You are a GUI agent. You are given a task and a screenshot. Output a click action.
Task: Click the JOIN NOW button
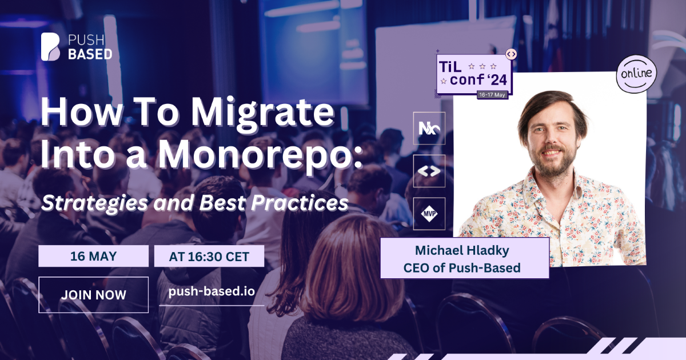pyautogui.click(x=93, y=295)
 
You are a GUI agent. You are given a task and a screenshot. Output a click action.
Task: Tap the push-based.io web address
pyautogui.click(x=212, y=291)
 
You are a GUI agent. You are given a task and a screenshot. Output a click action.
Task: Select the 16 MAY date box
pyautogui.click(x=93, y=256)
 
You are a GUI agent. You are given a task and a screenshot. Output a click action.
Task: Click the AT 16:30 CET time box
pyautogui.click(x=209, y=256)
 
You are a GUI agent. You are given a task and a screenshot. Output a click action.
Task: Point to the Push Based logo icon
pyautogui.click(x=50, y=46)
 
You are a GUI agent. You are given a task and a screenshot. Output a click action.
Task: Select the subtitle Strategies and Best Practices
pyautogui.click(x=195, y=203)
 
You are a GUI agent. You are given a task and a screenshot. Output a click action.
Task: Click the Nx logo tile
pyautogui.click(x=429, y=128)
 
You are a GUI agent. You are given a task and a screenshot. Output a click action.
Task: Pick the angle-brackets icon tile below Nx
pyautogui.click(x=429, y=171)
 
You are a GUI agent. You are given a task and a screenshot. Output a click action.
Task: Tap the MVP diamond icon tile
pyautogui.click(x=429, y=214)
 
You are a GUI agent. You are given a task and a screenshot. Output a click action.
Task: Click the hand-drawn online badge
pyautogui.click(x=636, y=74)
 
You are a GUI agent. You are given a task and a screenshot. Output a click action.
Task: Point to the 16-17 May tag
pyautogui.click(x=492, y=95)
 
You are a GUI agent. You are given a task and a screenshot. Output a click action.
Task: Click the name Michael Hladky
pyautogui.click(x=462, y=250)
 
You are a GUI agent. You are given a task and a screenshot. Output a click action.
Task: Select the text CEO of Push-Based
pyautogui.click(x=462, y=268)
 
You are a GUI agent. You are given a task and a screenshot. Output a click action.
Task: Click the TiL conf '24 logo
pyautogui.click(x=474, y=74)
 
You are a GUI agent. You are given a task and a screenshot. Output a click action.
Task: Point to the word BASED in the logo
pyautogui.click(x=90, y=54)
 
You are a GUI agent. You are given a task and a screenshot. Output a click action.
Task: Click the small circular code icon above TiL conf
pyautogui.click(x=511, y=54)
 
